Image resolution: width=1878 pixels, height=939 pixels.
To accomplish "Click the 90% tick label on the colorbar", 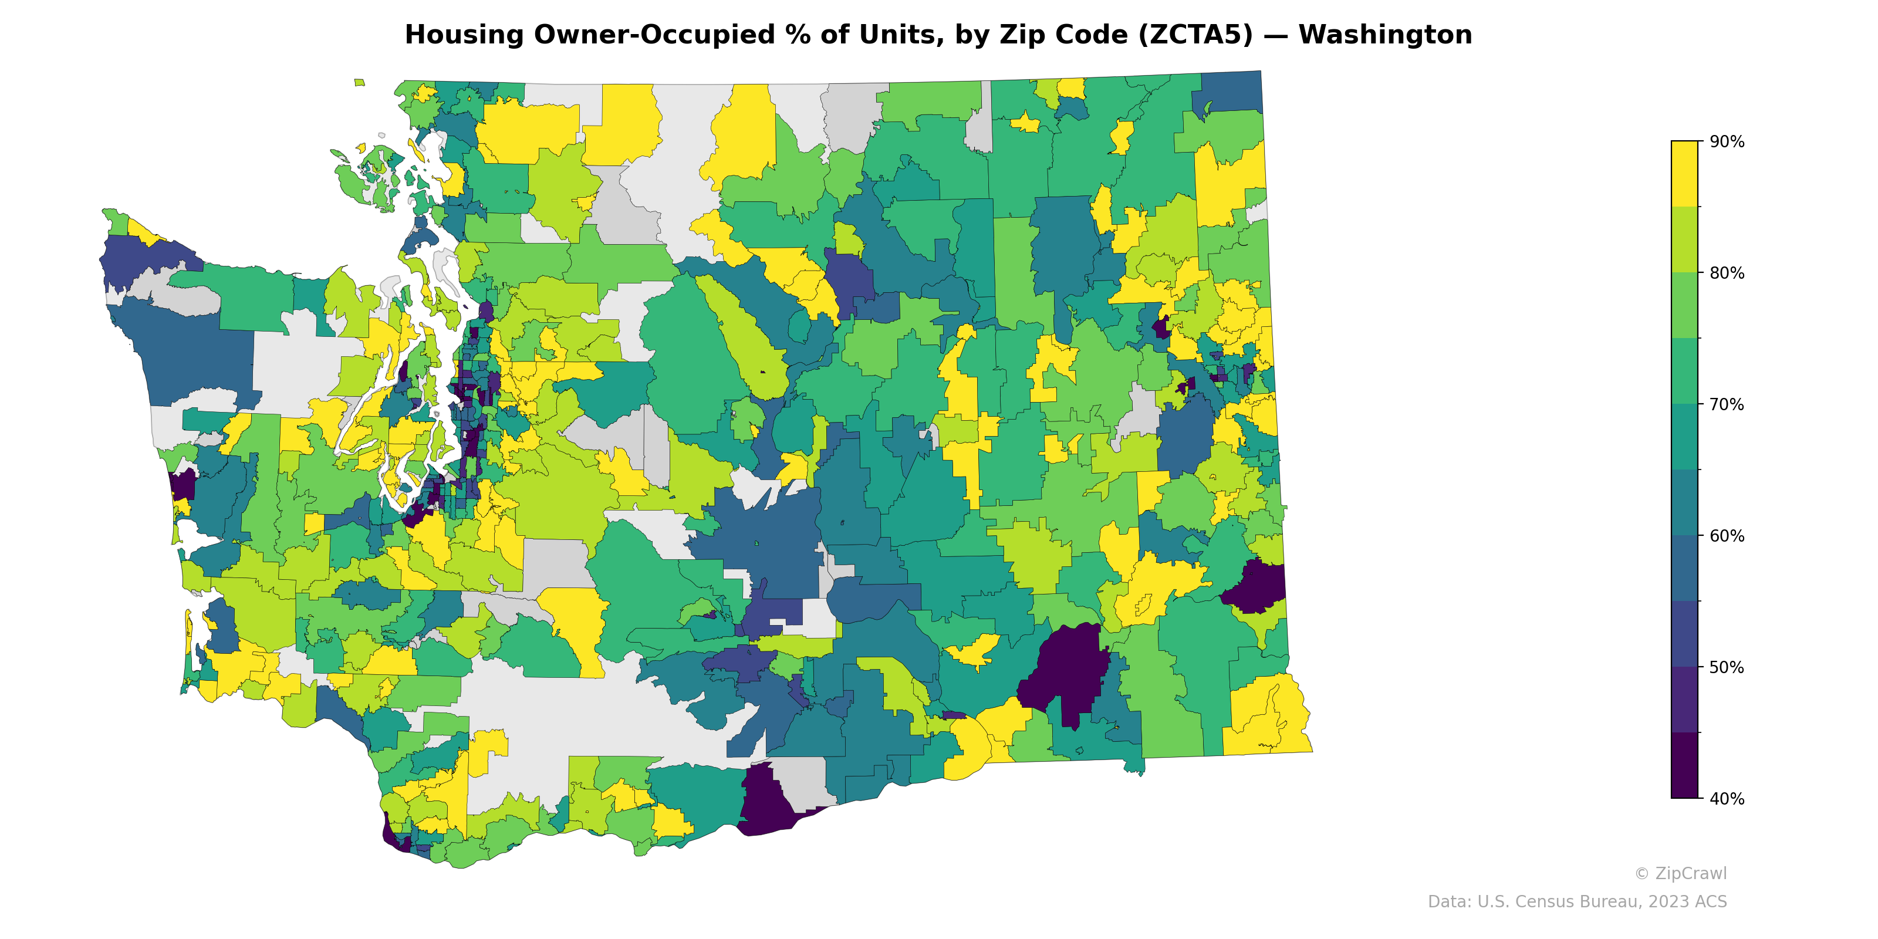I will (x=1727, y=141).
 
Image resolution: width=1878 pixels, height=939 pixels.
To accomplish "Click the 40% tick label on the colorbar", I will (x=1727, y=798).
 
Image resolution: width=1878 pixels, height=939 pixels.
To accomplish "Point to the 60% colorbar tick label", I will (x=1727, y=536).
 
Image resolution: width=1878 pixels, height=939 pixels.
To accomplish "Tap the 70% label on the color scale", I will (x=1727, y=404).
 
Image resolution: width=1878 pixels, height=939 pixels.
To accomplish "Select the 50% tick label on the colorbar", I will (x=1727, y=667).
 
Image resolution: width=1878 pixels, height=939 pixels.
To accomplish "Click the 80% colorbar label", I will (x=1727, y=273).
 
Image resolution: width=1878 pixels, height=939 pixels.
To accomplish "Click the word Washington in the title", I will (x=1384, y=35).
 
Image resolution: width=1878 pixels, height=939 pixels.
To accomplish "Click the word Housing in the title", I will (x=464, y=35).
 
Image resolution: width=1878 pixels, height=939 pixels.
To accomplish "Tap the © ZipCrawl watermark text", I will (x=1680, y=873).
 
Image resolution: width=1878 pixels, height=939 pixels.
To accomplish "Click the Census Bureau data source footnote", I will (x=1576, y=902).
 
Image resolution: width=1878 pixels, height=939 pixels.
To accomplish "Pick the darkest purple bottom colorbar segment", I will (x=1684, y=765).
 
